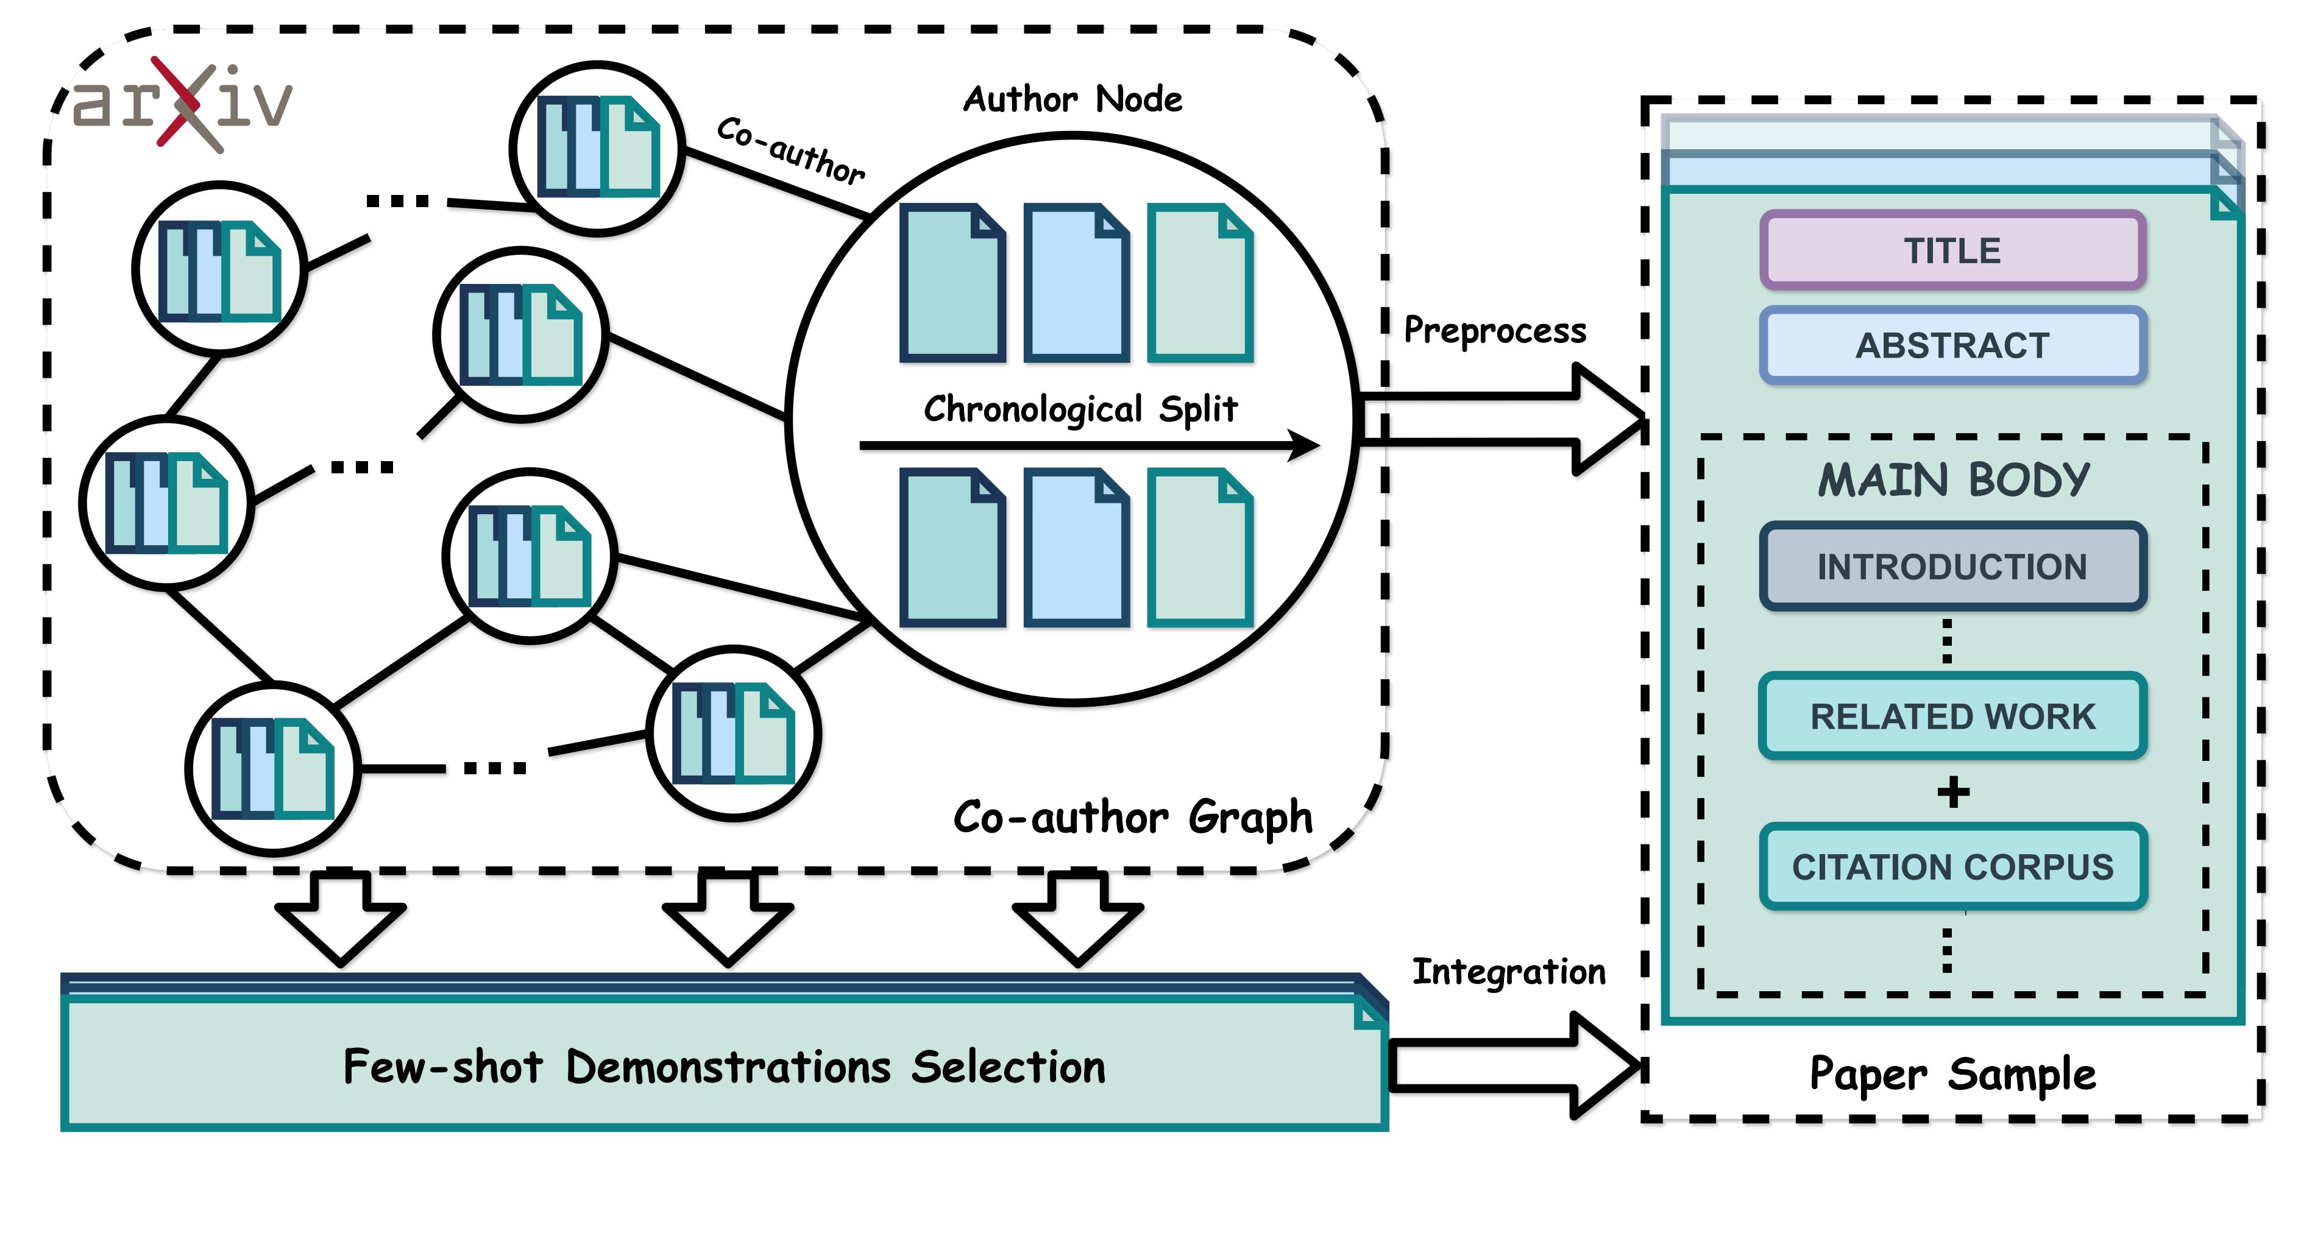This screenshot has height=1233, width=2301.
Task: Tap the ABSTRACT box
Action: click(x=1952, y=345)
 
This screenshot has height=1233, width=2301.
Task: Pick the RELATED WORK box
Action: click(x=1952, y=716)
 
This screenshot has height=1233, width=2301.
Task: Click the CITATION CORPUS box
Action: click(x=1952, y=867)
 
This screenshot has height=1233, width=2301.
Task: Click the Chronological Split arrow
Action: click(x=1090, y=445)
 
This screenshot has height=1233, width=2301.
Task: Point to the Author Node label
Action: click(x=1072, y=99)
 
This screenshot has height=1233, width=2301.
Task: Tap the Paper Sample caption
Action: click(x=1952, y=1073)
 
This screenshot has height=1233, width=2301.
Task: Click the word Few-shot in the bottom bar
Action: click(x=443, y=1067)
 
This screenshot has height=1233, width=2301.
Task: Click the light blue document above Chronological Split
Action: click(x=1076, y=283)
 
